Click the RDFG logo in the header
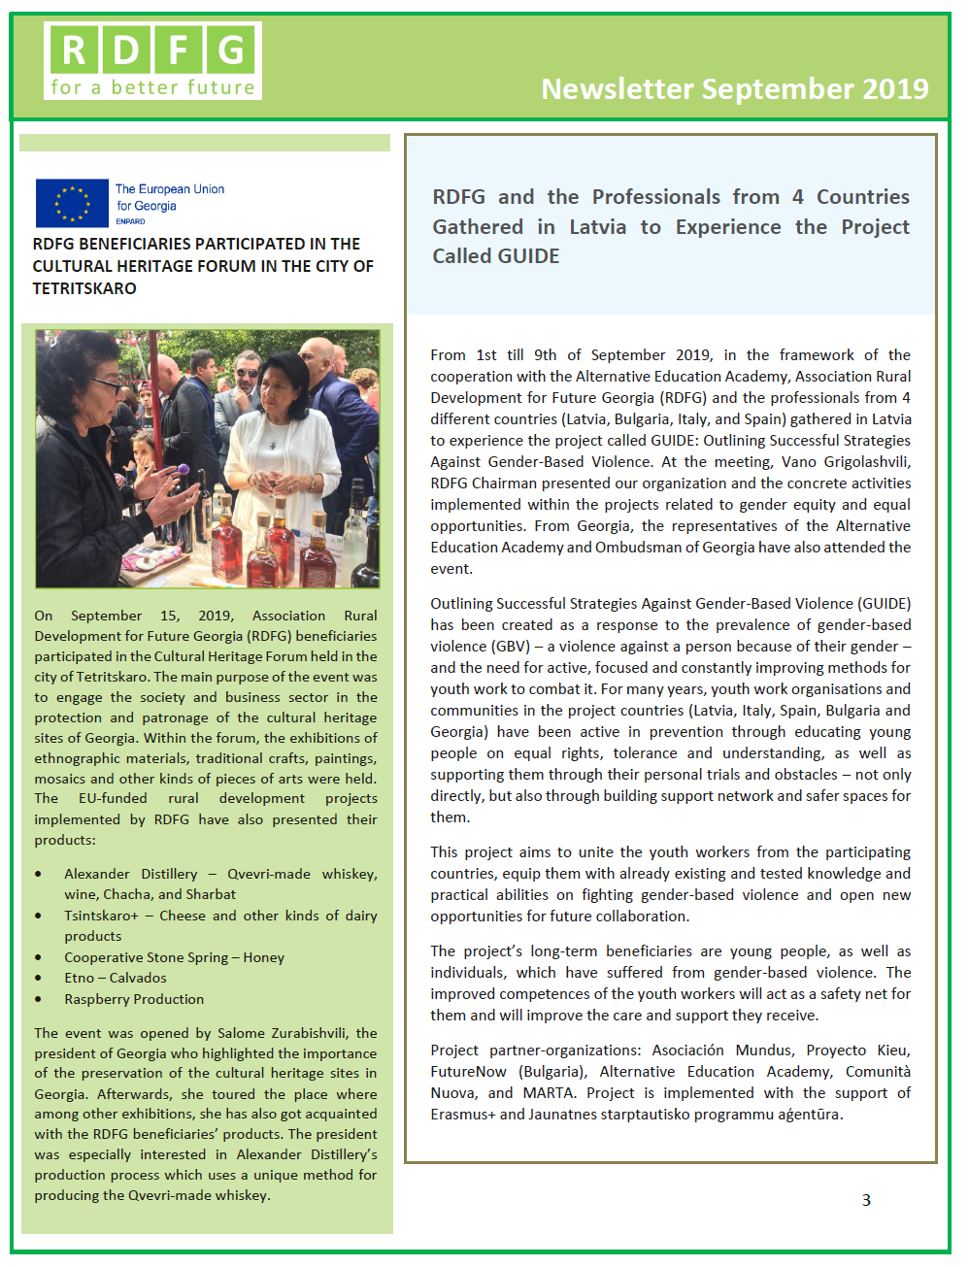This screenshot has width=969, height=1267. click(x=152, y=60)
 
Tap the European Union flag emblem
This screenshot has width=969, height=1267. click(x=72, y=203)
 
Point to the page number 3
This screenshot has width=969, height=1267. click(x=866, y=1200)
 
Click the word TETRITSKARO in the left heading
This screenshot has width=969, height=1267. click(x=84, y=288)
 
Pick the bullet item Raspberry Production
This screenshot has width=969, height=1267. click(x=134, y=999)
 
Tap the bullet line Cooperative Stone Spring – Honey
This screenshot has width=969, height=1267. click(x=174, y=957)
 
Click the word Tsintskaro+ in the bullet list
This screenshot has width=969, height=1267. click(x=102, y=916)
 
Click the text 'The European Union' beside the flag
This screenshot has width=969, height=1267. click(x=170, y=189)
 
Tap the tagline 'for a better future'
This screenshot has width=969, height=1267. click(x=152, y=87)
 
